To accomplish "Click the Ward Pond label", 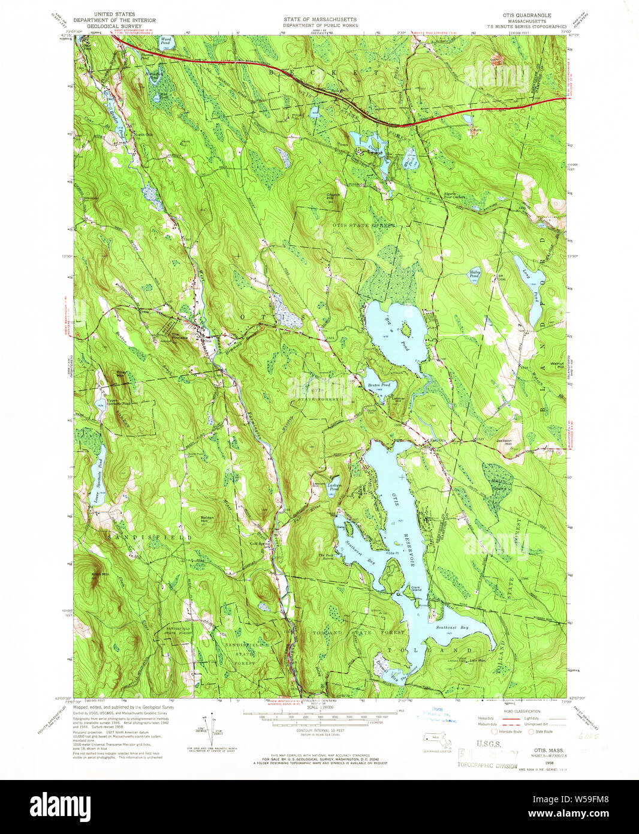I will [166, 41].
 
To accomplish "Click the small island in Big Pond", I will [406, 328].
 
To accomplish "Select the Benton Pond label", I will [379, 385].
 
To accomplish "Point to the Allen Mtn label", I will [100, 575].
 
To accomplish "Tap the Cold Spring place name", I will [259, 544].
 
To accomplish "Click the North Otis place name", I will [143, 134].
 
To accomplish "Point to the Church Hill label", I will [333, 196].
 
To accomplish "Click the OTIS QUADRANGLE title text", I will [528, 14].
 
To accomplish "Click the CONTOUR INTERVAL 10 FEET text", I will [319, 730].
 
